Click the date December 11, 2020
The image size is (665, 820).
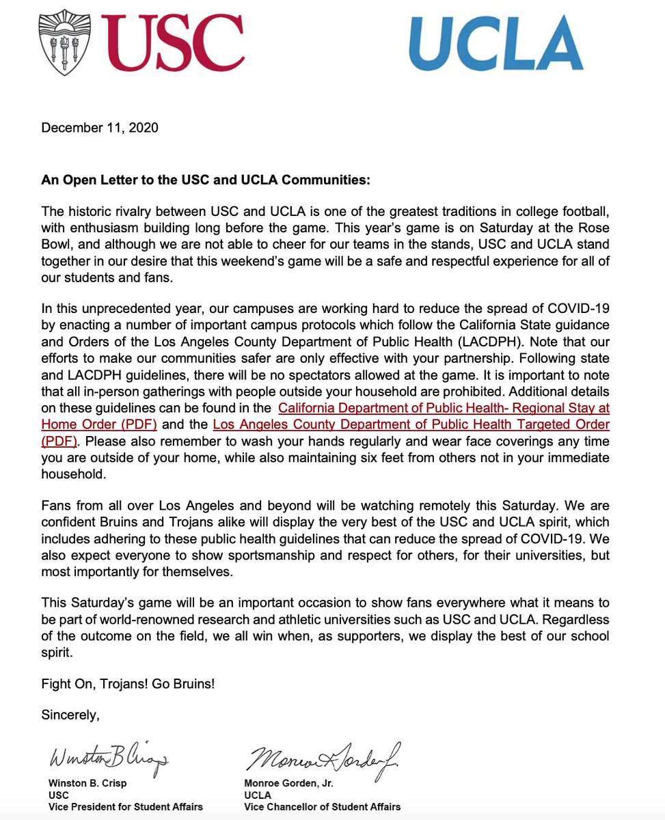coord(100,128)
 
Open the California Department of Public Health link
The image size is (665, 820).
coord(444,408)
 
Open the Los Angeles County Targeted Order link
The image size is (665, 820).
coord(411,424)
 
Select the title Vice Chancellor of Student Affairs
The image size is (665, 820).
coord(323,807)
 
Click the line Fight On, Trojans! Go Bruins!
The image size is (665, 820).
coord(128,683)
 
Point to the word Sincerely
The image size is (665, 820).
coord(70,715)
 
